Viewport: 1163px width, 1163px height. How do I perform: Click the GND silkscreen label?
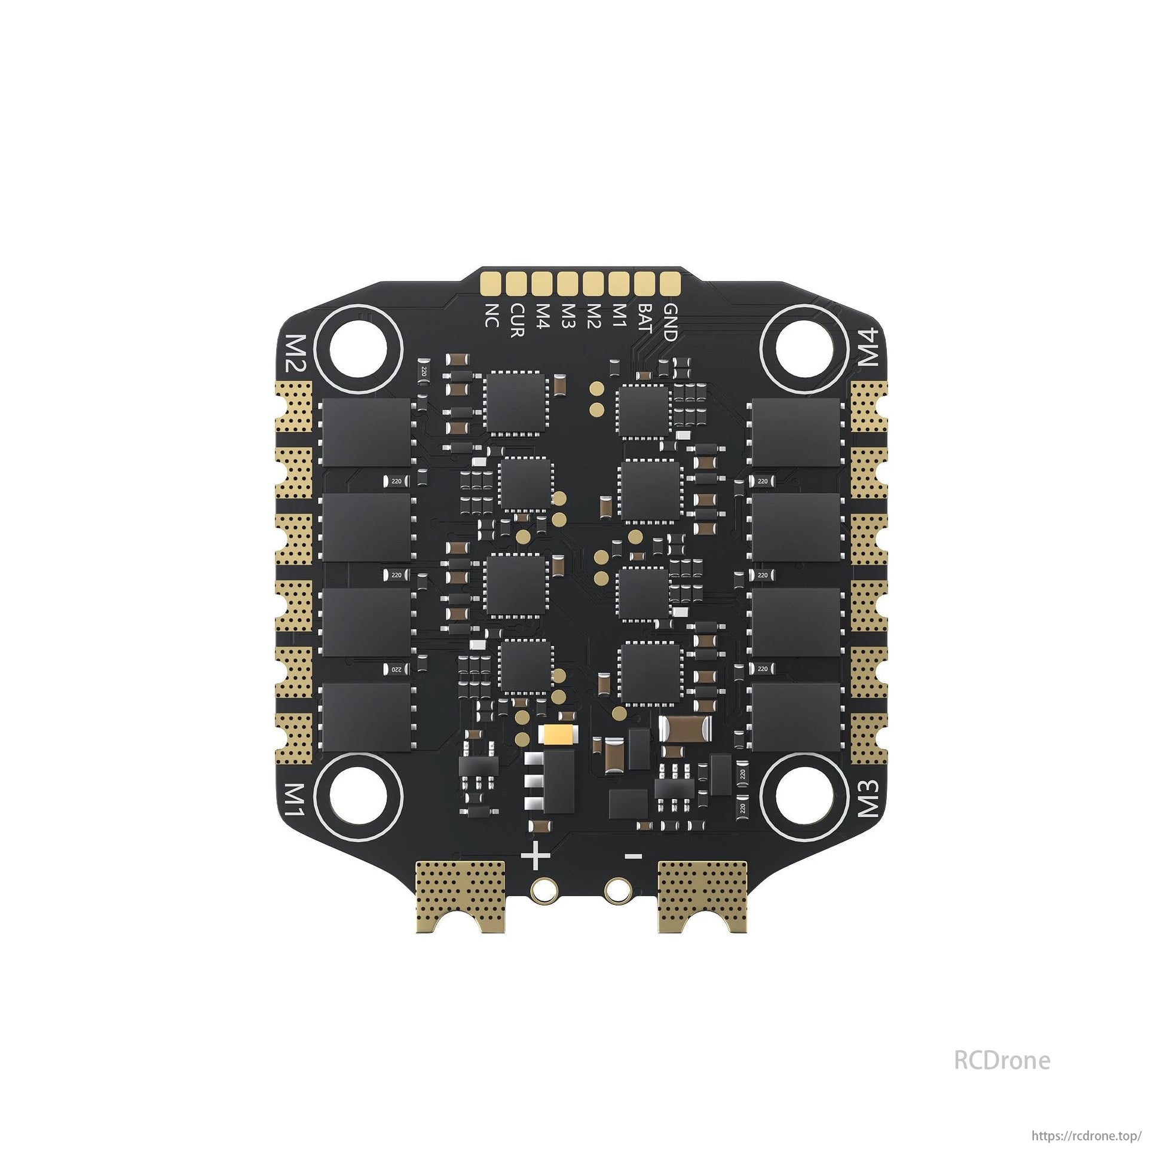coord(669,322)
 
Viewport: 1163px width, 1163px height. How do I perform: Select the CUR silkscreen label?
coord(517,320)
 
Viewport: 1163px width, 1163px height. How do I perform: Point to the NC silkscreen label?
coord(492,315)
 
